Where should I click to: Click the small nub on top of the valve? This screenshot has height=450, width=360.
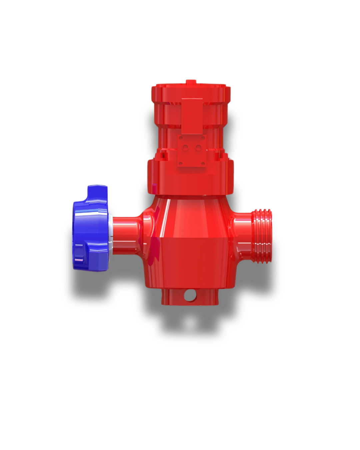click(x=191, y=82)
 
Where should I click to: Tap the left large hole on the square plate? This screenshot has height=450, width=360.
click(x=186, y=147)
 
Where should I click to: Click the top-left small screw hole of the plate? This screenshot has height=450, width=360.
click(x=180, y=137)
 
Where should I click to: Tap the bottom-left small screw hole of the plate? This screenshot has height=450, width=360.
click(x=180, y=163)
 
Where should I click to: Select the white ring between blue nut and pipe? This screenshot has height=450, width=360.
click(x=110, y=233)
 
